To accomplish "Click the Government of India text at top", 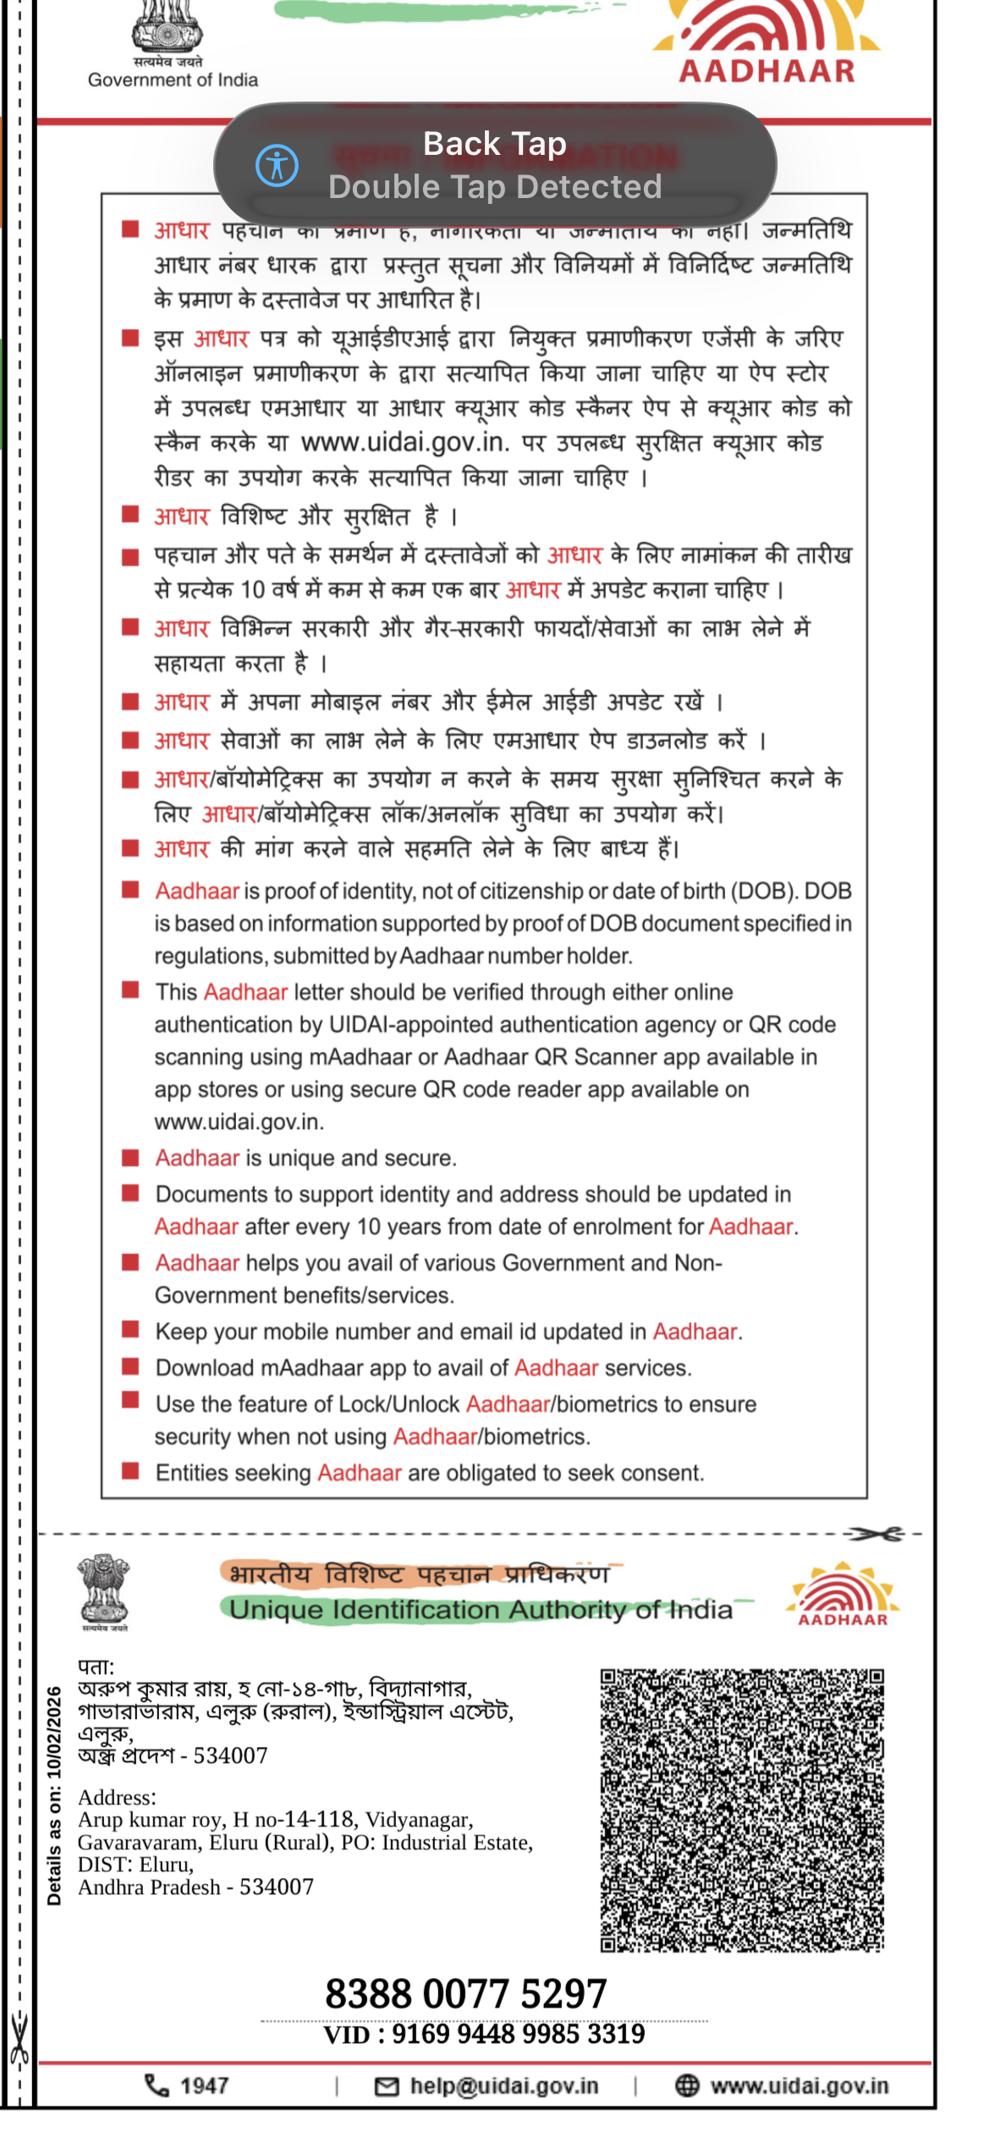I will coord(173,80).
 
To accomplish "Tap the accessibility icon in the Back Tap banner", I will coord(278,165).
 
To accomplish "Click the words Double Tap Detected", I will coord(495,187).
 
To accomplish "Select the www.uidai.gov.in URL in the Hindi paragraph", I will coord(404,443).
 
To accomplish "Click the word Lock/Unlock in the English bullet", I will coord(399,1405).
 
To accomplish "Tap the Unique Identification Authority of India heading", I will coord(481,1610).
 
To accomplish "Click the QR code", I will coord(742,1810).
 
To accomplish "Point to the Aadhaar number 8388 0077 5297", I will coord(466,1994).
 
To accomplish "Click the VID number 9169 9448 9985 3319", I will coord(518,2035).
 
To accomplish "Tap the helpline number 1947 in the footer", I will coord(204,2085).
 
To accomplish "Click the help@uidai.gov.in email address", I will coord(503,2086).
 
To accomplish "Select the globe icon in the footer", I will coord(687,2086).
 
